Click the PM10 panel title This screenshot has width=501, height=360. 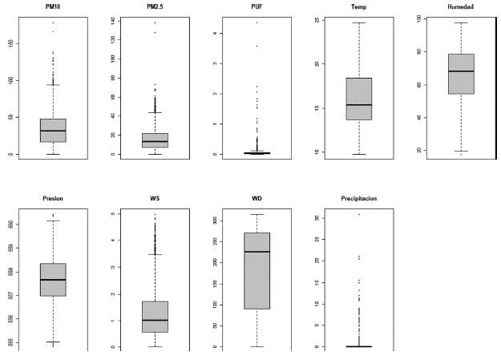[x=53, y=6]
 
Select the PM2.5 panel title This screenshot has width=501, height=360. [x=155, y=6]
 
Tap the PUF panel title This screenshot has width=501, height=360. [x=257, y=6]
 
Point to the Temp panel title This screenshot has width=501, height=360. [x=358, y=6]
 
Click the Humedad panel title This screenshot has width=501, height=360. [x=460, y=6]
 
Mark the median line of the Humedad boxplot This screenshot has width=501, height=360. [x=460, y=71]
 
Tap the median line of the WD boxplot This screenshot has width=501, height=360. [x=257, y=252]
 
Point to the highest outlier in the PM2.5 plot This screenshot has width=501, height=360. [x=155, y=22]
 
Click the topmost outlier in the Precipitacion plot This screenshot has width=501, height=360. [x=358, y=214]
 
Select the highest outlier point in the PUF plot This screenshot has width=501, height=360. [x=257, y=22]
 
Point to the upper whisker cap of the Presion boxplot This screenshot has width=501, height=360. [x=53, y=220]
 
